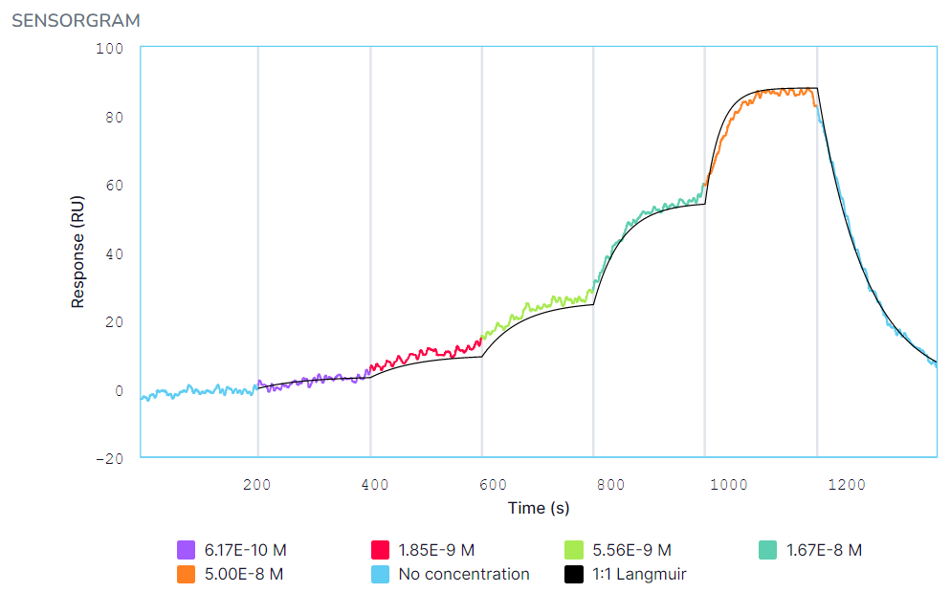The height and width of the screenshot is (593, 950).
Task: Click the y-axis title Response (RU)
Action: click(x=78, y=253)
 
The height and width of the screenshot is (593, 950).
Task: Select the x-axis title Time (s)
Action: click(x=539, y=508)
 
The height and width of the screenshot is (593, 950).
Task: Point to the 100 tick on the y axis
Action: click(x=111, y=48)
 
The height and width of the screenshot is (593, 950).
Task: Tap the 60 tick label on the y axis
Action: click(x=115, y=185)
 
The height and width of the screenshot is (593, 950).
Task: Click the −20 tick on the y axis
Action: click(x=111, y=458)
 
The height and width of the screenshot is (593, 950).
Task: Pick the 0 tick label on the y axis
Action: click(x=120, y=390)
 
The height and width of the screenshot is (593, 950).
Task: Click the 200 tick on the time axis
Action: click(x=257, y=484)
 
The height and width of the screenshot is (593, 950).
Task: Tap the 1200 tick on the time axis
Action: click(x=846, y=484)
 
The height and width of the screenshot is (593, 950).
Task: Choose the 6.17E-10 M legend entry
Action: click(x=245, y=550)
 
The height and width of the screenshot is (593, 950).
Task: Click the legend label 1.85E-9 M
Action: click(x=434, y=550)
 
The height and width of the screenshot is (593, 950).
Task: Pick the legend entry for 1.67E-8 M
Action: click(x=824, y=550)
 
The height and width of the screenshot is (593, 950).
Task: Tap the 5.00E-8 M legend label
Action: click(x=245, y=575)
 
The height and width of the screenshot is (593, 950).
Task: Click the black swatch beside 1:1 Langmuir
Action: click(x=573, y=575)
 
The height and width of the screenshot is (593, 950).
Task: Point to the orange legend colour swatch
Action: click(x=187, y=575)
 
